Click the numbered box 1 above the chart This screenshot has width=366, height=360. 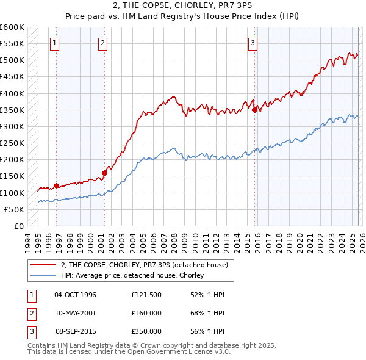(56, 43)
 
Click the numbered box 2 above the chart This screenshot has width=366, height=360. (102, 43)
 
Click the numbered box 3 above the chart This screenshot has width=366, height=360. (253, 43)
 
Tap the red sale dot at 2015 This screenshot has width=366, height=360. (254, 110)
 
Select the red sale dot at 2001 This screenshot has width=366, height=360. (104, 173)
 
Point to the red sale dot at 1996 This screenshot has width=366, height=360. (57, 185)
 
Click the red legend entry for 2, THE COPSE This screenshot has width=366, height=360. (144, 265)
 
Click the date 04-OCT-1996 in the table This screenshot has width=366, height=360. (75, 295)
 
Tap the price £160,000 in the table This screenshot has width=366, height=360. (146, 313)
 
